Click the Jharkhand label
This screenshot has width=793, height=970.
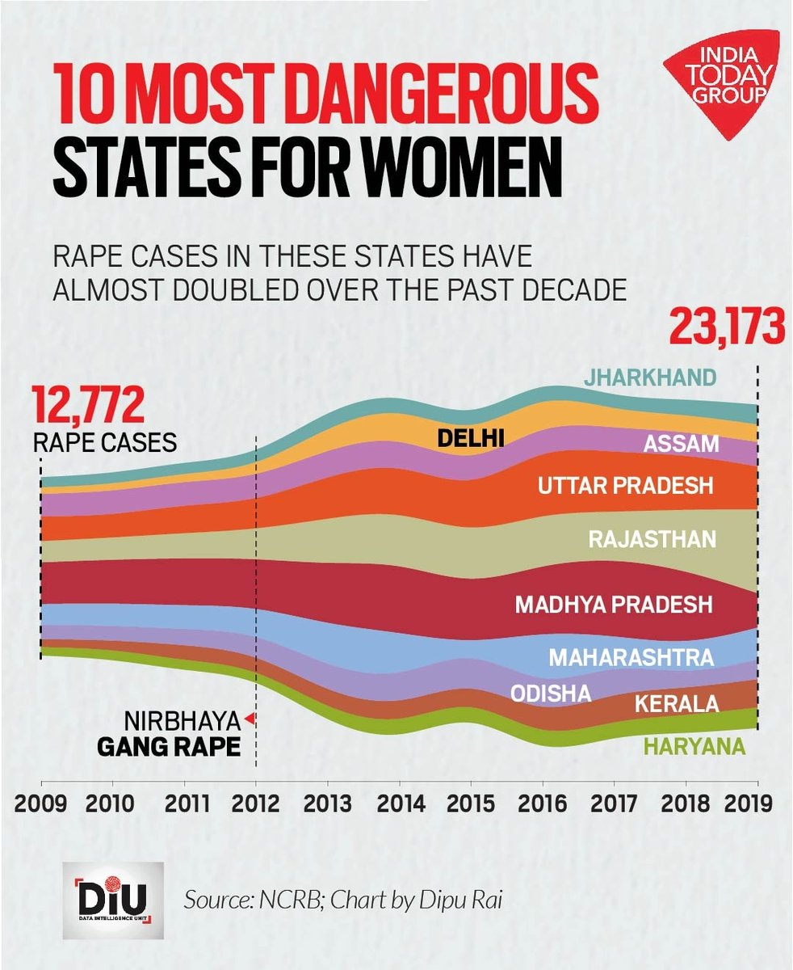click(651, 377)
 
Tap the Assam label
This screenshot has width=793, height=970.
click(681, 444)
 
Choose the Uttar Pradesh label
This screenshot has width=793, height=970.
click(626, 486)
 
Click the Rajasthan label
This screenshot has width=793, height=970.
click(652, 538)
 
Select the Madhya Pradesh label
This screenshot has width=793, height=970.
click(614, 604)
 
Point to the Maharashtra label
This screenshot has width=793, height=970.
click(631, 657)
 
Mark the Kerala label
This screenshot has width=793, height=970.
click(677, 704)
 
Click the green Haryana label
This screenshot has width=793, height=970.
click(694, 747)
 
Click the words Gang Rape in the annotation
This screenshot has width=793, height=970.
click(169, 745)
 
